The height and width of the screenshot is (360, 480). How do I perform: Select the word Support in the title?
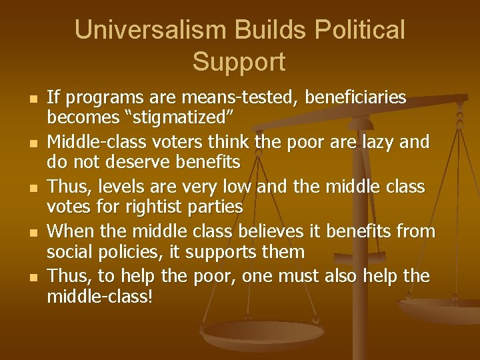click(x=239, y=62)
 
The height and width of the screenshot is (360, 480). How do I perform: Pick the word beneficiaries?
click(x=355, y=98)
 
